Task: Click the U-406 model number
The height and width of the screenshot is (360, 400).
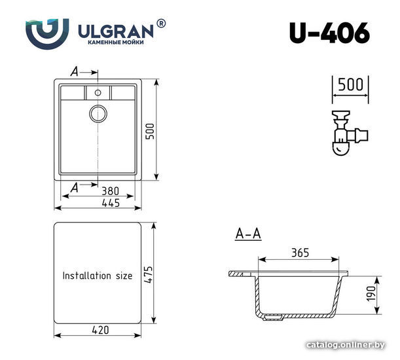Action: (x=329, y=33)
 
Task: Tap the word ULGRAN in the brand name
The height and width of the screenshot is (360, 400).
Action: (x=115, y=31)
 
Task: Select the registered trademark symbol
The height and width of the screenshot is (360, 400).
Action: (x=160, y=24)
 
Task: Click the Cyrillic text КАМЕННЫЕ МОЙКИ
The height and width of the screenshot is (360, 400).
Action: (x=116, y=42)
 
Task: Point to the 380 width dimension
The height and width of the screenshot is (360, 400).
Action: (x=110, y=191)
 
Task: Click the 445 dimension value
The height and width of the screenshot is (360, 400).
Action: (x=111, y=203)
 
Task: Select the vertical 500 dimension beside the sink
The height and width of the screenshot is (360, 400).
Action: (x=150, y=131)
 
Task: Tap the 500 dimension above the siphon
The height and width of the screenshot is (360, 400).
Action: (x=350, y=84)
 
